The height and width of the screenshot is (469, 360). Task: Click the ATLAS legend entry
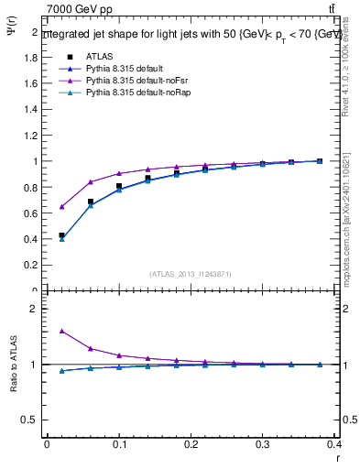coord(98,57)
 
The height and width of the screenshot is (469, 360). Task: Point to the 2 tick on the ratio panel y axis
coord(35,309)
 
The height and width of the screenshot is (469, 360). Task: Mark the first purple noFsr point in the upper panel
coord(61,206)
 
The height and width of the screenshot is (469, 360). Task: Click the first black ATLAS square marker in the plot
coord(61,235)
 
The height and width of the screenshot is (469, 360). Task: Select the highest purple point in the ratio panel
coord(61,331)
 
